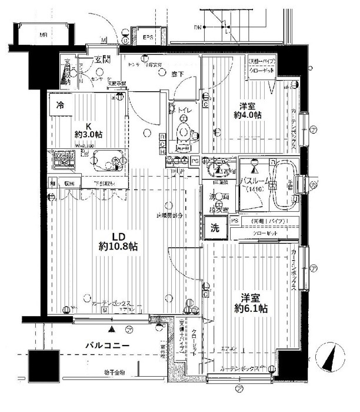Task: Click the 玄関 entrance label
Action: (104, 59)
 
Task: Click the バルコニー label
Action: (110, 345)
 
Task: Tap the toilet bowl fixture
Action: (184, 128)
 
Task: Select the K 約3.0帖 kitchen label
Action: (88, 130)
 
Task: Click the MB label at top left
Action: (43, 35)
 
